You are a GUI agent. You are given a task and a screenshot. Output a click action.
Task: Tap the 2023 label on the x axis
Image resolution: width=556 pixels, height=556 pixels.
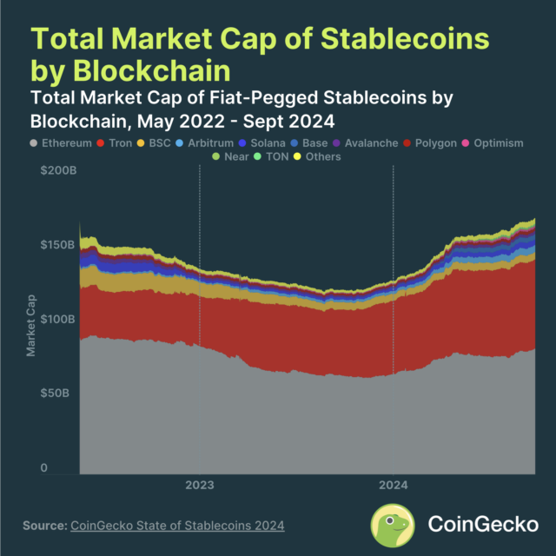(x=200, y=485)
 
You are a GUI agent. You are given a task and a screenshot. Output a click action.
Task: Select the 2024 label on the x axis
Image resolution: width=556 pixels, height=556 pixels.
(x=394, y=485)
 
